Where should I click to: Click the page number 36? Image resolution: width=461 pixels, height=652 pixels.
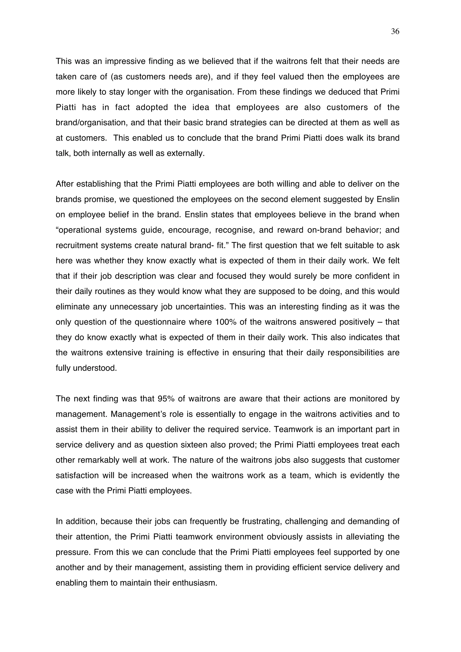coord(395,32)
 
